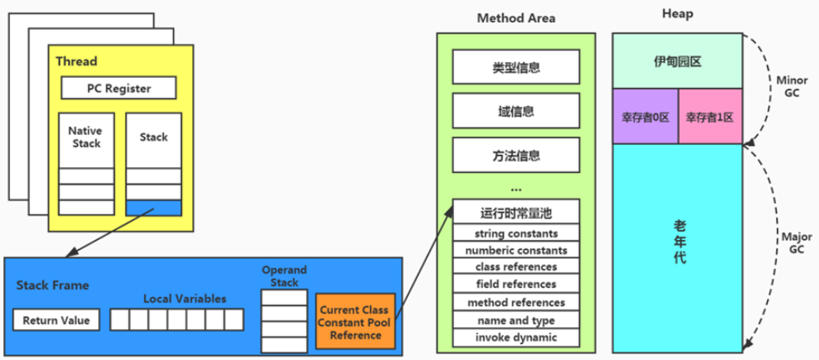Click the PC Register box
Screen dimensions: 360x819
tap(118, 87)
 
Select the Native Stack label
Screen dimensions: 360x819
tap(85, 137)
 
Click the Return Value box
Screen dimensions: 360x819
tap(56, 320)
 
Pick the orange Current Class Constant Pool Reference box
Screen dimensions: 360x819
tap(354, 321)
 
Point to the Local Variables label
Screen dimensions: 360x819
tap(184, 298)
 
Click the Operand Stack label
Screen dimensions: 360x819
tap(284, 276)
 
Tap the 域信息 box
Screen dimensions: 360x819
tap(515, 111)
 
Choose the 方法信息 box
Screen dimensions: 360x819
tap(515, 155)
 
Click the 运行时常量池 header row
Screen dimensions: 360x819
tap(515, 212)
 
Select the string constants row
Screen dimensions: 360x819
tap(515, 232)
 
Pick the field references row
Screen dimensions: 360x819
tap(515, 284)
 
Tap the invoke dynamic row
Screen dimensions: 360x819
tap(515, 337)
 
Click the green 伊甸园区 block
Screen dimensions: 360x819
tap(676, 61)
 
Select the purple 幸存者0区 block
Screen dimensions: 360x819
tap(644, 117)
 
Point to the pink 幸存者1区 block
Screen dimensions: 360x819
tap(709, 117)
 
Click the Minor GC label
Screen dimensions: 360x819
tap(791, 86)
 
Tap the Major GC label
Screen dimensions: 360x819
tap(791, 243)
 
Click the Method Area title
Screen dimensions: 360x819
tap(515, 18)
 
